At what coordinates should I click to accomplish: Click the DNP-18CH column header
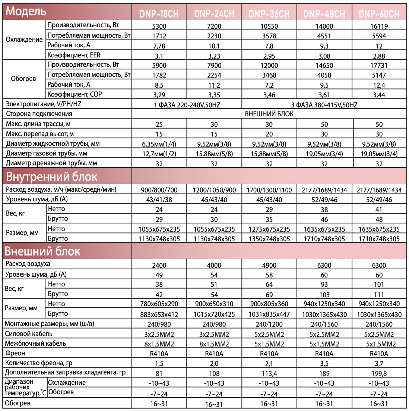pyautogui.click(x=159, y=14)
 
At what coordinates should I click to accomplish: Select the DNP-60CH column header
pyautogui.click(x=379, y=14)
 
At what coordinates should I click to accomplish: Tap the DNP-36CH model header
pyautogui.click(x=269, y=14)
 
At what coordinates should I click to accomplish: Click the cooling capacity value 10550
pyautogui.click(x=269, y=26)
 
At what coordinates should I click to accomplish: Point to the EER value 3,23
pyautogui.click(x=214, y=56)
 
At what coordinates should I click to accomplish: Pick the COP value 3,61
pyautogui.click(x=324, y=95)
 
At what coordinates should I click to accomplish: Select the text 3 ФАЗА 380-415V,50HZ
pyautogui.click(x=324, y=105)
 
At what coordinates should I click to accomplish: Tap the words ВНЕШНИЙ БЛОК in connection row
pyautogui.click(x=269, y=114)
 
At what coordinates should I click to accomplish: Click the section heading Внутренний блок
pyautogui.click(x=52, y=176)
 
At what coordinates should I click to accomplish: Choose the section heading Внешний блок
pyautogui.click(x=42, y=251)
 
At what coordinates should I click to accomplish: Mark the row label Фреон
pyautogui.click(x=15, y=353)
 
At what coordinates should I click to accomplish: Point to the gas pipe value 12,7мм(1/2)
pyautogui.click(x=159, y=154)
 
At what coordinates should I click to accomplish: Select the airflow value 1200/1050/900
pyautogui.click(x=214, y=190)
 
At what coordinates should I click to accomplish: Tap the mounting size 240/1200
pyautogui.click(x=269, y=324)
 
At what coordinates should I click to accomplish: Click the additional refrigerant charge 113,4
pyautogui.click(x=269, y=373)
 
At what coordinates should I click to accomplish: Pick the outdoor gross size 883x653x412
pyautogui.click(x=159, y=314)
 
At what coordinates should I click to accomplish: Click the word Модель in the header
pyautogui.click(x=26, y=12)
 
